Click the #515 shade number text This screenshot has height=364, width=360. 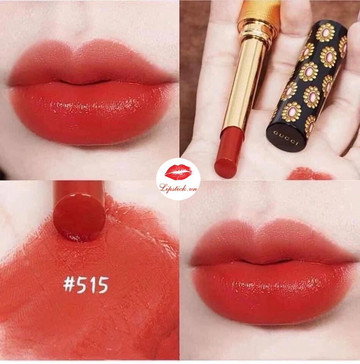(x=86, y=285)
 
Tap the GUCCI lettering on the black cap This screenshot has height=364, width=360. (x=286, y=138)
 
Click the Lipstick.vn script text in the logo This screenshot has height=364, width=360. (x=179, y=188)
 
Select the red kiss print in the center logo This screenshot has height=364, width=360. (x=179, y=173)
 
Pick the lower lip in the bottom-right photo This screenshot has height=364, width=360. (x=272, y=292)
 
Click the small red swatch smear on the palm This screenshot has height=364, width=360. (x=309, y=174)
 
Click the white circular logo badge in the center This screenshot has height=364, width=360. (x=178, y=179)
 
